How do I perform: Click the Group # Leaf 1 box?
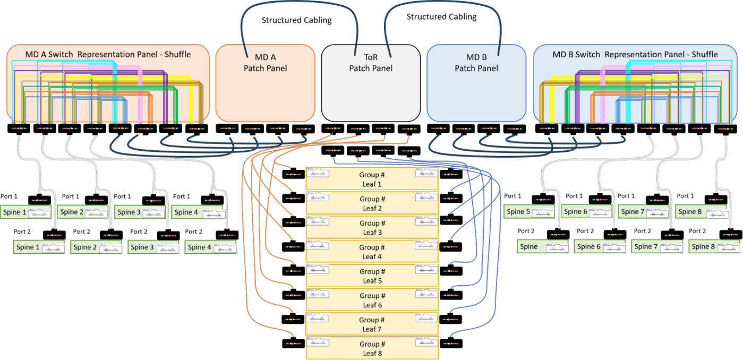tap(372, 179)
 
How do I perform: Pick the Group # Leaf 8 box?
tap(372, 348)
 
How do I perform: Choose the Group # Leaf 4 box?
tap(372, 251)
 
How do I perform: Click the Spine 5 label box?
tap(517, 212)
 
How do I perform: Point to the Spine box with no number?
tap(529, 247)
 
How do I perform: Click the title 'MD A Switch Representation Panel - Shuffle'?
tap(108, 54)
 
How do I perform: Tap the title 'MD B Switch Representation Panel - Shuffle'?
tap(635, 54)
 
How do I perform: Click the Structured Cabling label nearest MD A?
tap(296, 21)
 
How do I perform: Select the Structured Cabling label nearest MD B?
tap(441, 16)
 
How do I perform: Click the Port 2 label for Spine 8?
tap(698, 231)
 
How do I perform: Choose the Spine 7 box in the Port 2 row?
tap(646, 247)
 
